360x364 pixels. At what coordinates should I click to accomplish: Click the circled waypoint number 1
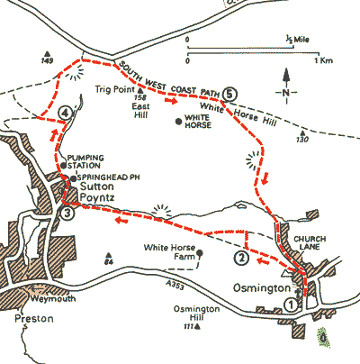pos(291,305)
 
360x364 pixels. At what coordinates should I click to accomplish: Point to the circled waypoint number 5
pos(230,93)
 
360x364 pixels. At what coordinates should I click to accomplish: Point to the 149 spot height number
pos(48,61)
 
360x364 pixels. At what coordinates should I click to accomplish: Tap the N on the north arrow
pos(285,93)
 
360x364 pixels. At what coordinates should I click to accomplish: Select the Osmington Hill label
pos(193,314)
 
